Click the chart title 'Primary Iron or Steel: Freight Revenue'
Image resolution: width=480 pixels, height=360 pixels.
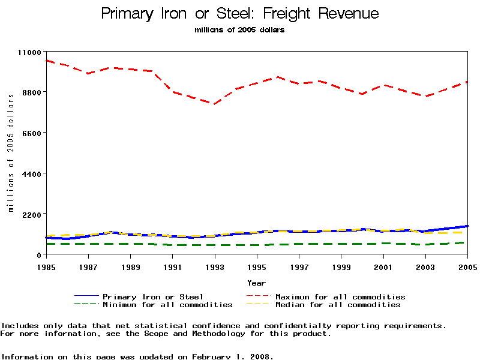click(240, 13)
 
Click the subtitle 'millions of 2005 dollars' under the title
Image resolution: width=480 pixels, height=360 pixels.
click(240, 30)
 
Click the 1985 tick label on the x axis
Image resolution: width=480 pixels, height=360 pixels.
click(46, 266)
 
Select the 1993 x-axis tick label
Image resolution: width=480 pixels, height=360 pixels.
click(215, 266)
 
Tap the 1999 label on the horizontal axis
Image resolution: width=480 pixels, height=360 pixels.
click(341, 266)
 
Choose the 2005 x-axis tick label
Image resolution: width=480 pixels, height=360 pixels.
click(467, 266)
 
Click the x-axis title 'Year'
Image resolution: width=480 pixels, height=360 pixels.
click(257, 282)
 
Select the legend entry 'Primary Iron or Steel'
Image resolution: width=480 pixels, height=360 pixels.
click(153, 296)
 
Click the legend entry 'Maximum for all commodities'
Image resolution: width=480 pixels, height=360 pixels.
click(340, 296)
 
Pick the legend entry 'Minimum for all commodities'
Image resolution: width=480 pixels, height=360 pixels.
click(167, 305)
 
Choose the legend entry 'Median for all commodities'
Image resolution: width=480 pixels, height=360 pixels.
click(338, 305)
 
